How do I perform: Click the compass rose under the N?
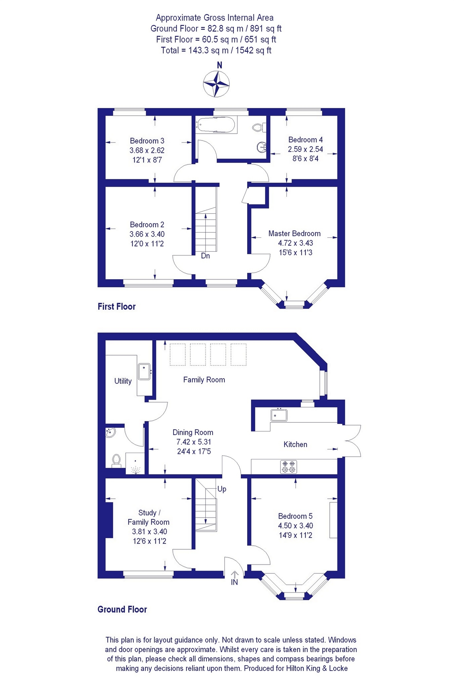point(216,84)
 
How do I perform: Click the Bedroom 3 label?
point(147,141)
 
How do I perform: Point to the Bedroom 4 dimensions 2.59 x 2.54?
point(305,149)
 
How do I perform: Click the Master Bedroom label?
point(294,233)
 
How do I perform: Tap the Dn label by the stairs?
point(205,256)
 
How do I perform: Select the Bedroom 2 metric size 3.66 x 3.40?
point(147,234)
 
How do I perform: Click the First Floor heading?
point(116,306)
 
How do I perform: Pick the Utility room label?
point(123,381)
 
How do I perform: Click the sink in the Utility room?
point(144,372)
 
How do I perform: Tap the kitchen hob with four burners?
point(289,467)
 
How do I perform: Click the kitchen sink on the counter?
point(279,415)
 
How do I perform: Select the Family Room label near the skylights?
point(204,380)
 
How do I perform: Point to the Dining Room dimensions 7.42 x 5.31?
point(194,442)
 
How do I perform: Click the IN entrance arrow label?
point(234,582)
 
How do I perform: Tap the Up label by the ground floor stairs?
point(222,489)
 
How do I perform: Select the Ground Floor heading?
point(122,609)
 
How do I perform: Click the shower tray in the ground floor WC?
point(135,464)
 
